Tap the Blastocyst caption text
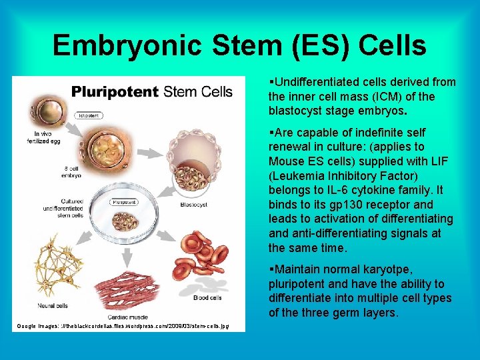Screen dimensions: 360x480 [193, 206]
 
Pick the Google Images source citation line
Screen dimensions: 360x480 [123, 326]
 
